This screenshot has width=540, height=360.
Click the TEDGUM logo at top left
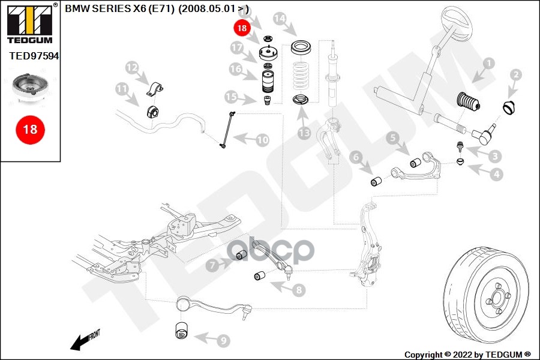pos(29,23)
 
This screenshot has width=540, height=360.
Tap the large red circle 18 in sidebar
pos(29,128)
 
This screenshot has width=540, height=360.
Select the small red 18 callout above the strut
pos(242,28)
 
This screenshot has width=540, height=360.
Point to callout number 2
pos(515,75)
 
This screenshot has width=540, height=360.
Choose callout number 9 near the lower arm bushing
pos(223,341)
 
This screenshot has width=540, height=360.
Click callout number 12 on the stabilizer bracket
pos(131,67)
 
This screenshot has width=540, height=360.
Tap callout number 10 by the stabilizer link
pos(263,140)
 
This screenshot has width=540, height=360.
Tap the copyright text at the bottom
pos(467,354)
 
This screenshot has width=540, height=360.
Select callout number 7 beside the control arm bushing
pos(212,264)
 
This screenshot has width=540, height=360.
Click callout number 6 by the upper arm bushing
pos(356,158)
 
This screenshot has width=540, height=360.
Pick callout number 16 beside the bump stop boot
pos(235,69)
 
